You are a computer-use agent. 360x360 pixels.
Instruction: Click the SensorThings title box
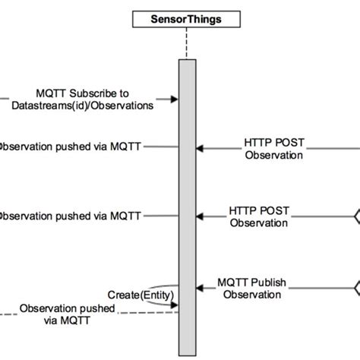[x=187, y=18]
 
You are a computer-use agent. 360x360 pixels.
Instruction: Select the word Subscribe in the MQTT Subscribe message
[x=99, y=91]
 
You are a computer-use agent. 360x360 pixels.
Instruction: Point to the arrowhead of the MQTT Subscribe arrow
[x=174, y=98]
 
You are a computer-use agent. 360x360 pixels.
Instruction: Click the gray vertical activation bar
[x=187, y=190]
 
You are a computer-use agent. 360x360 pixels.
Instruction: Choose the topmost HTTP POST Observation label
[x=273, y=149]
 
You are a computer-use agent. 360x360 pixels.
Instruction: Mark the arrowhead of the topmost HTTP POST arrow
[x=201, y=149]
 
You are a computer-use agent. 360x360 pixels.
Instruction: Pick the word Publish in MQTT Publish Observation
[x=269, y=282]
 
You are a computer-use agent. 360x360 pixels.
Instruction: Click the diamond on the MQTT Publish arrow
[x=355, y=288]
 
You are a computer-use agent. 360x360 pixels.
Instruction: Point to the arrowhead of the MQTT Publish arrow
[x=201, y=288]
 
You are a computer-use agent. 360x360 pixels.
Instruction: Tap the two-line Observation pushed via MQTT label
[x=68, y=314]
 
